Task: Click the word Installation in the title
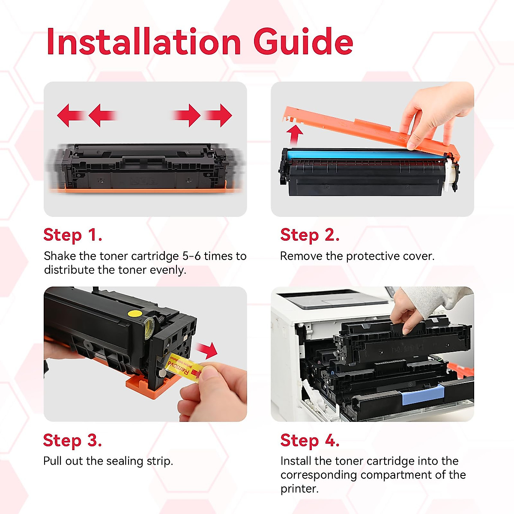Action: coord(143,42)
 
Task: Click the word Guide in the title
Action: coord(303,42)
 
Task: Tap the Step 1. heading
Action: coord(73,235)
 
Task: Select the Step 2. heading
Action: coord(310,235)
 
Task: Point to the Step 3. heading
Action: coord(72,440)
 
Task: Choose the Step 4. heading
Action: coord(310,440)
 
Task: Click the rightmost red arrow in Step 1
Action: coord(219,115)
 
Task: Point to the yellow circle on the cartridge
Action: coord(135,313)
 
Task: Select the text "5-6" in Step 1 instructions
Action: coord(191,256)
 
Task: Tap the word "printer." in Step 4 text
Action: coord(299,489)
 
